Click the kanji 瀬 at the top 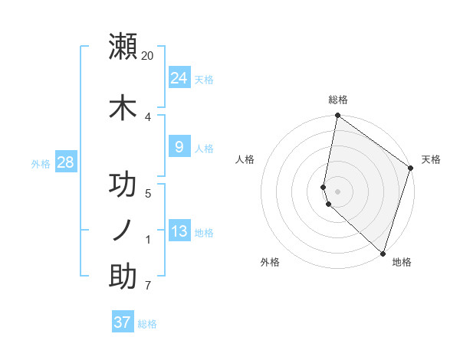click(123, 47)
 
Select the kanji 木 click(123, 108)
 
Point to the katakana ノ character click(123, 231)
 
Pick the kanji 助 click(123, 277)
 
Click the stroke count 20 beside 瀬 click(148, 56)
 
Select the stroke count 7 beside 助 click(147, 286)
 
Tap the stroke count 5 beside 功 click(147, 194)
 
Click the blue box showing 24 click(179, 77)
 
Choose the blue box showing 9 click(179, 147)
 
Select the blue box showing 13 click(179, 231)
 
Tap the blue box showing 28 click(65, 162)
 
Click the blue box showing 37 click(123, 322)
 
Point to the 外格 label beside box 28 click(41, 163)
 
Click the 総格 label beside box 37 click(147, 324)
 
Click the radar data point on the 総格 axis click(337, 116)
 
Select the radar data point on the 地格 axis click(383, 254)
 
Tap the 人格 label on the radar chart click(245, 159)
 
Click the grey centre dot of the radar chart click(337, 191)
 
